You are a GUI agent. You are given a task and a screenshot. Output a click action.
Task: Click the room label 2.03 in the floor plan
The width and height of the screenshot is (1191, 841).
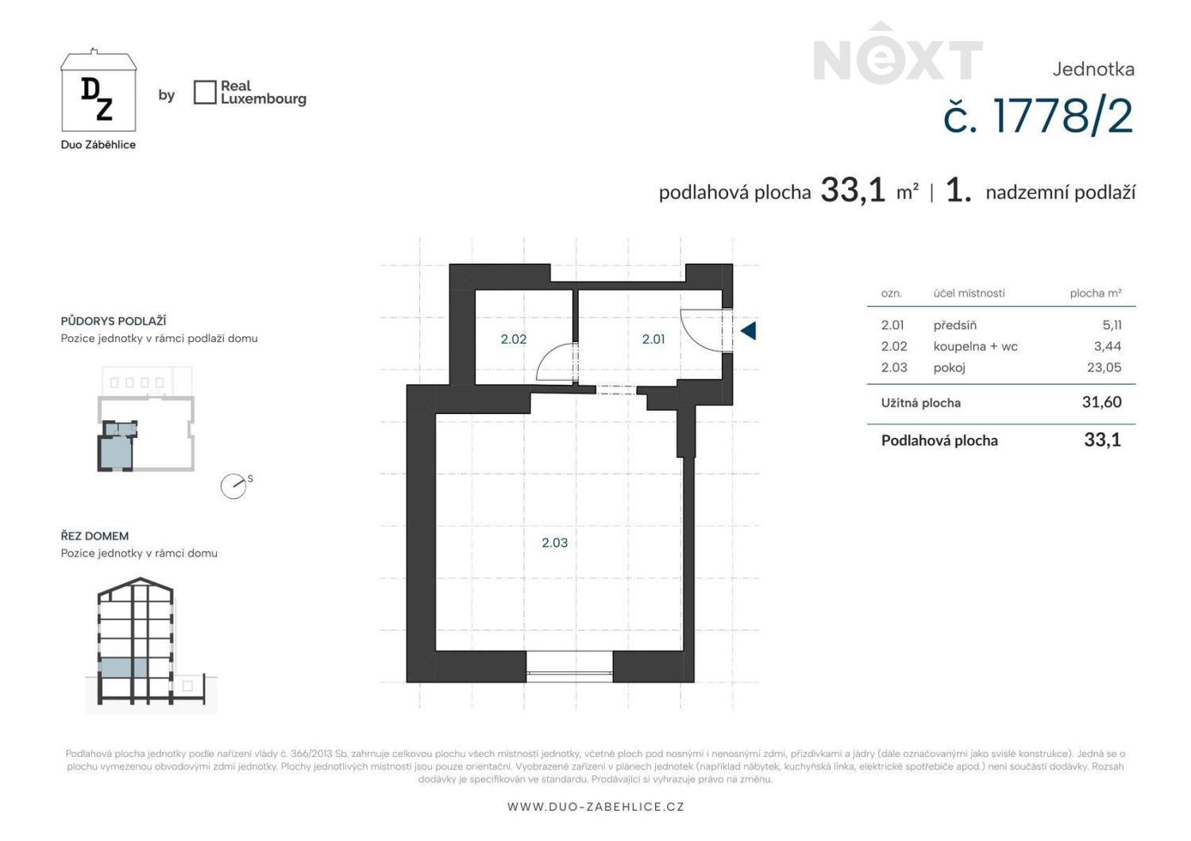[x=554, y=543]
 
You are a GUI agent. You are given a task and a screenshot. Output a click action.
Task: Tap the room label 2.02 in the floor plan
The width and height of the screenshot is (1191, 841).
[x=514, y=339]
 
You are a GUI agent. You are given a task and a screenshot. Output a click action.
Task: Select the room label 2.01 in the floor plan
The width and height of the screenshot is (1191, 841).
[x=653, y=339]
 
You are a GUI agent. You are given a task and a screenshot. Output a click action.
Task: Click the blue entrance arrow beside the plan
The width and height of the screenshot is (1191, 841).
[x=749, y=331]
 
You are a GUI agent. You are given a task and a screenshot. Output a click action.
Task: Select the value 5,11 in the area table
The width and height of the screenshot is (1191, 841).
[x=1112, y=325]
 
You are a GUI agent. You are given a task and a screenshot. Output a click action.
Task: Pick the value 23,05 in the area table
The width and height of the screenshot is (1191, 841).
[x=1104, y=367]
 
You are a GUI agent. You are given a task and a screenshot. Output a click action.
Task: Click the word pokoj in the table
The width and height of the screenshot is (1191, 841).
[x=949, y=367]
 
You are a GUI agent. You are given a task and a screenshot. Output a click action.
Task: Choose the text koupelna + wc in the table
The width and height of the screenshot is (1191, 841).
[x=976, y=347]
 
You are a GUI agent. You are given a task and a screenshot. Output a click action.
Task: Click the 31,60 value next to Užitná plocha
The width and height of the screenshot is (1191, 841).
[x=1102, y=402]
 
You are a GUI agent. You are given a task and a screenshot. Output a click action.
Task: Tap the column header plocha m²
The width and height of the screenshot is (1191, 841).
[x=1096, y=294]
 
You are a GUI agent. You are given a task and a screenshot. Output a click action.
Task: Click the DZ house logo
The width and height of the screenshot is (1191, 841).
[x=98, y=90]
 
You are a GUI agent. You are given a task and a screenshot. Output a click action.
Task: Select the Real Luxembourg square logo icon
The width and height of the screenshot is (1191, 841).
[x=205, y=93]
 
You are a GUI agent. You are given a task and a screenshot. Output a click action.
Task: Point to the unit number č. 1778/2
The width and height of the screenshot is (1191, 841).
[x=1039, y=117]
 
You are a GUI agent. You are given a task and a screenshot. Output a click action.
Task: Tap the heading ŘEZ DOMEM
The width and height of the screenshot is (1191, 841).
[x=94, y=536]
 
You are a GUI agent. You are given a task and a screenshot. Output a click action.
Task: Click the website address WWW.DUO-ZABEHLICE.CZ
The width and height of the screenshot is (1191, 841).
[x=595, y=807]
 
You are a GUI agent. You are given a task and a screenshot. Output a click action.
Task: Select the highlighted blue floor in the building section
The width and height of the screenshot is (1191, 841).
[x=124, y=668]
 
